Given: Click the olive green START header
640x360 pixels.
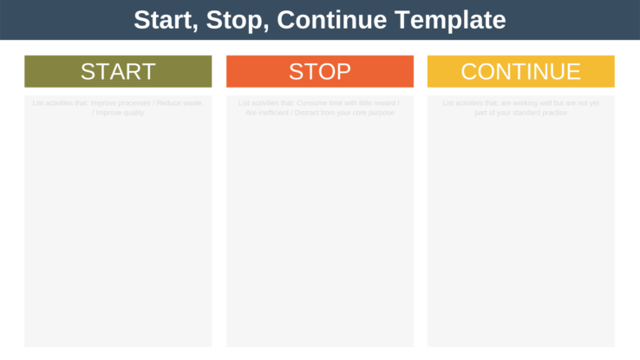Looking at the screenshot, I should pyautogui.click(x=118, y=71).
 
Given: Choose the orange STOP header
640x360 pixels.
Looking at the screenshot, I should pyautogui.click(x=319, y=71).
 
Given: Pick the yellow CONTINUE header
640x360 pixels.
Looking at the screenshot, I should pyautogui.click(x=520, y=71).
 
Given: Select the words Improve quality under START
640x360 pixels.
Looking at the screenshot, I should pyautogui.click(x=121, y=113).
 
